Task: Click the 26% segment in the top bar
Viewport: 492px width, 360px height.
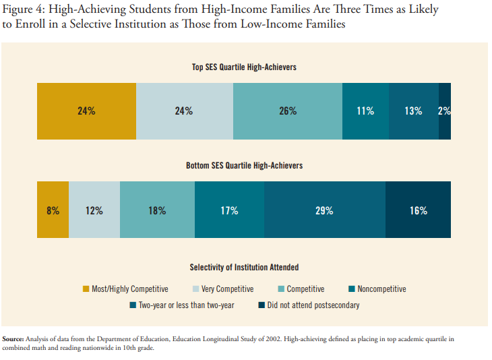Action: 288,111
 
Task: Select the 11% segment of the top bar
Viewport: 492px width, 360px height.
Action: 365,111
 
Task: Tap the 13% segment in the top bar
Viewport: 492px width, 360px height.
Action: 413,111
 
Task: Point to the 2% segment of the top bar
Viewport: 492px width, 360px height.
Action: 445,111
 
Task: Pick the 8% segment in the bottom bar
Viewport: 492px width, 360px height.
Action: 53,210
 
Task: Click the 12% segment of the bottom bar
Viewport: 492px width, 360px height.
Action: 94,210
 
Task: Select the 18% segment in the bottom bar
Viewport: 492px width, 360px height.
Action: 157,210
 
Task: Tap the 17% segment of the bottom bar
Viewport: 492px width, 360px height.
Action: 229,210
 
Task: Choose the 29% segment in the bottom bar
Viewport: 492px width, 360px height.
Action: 324,210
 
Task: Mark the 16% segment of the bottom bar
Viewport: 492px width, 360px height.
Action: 418,210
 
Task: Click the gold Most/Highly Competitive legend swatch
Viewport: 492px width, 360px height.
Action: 86,289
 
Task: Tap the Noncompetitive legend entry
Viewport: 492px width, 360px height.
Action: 381,289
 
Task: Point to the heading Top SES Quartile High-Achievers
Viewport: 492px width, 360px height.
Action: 244,67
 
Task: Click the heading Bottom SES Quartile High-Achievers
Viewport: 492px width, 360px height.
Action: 244,165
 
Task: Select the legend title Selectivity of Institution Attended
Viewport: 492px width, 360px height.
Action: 244,268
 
